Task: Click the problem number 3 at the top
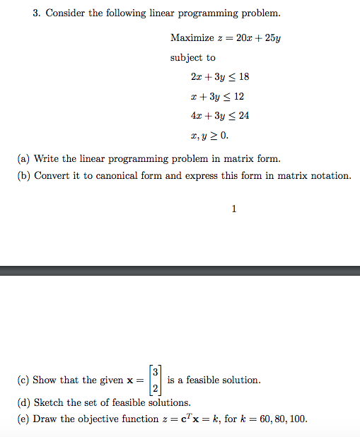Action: (x=36, y=13)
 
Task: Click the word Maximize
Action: (x=191, y=38)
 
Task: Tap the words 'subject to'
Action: (x=193, y=57)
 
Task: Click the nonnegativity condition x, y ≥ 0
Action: (x=210, y=134)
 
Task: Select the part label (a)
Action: (x=23, y=158)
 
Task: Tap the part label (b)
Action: (x=23, y=175)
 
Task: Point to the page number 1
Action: (x=234, y=208)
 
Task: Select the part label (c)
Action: (x=23, y=380)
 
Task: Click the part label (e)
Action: (x=23, y=419)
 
